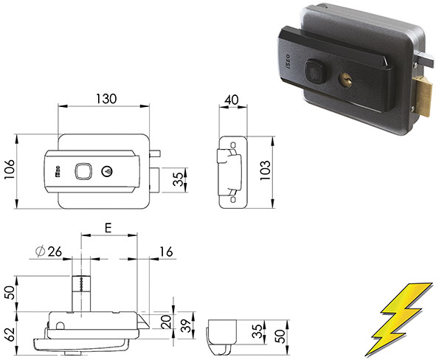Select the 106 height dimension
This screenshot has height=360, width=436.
click(10, 173)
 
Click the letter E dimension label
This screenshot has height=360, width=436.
click(108, 229)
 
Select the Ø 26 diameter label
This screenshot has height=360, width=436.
click(49, 252)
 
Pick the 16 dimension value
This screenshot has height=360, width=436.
click(165, 252)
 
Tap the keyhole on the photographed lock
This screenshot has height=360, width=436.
click(347, 77)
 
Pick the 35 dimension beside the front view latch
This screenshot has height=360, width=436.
click(176, 179)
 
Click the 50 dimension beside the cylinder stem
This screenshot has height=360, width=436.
click(10, 291)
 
